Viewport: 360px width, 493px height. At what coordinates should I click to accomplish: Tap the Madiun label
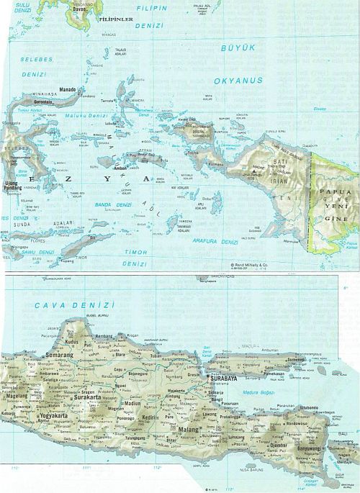[x=132, y=403]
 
